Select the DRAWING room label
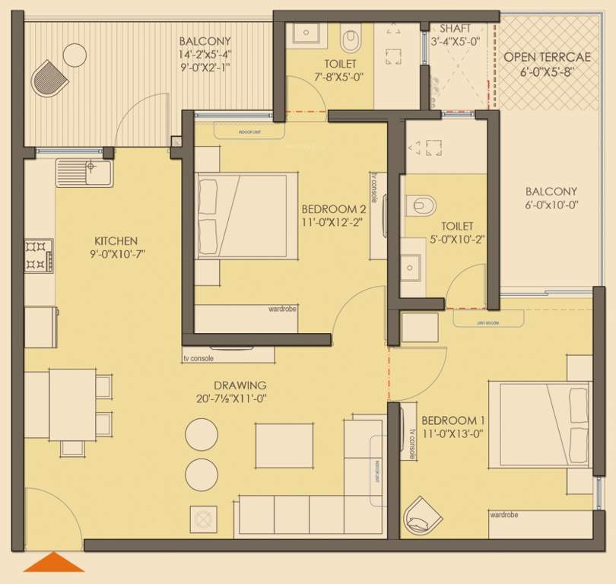tap(240, 385)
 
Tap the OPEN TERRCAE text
tap(542, 56)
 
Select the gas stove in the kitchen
tap(36, 255)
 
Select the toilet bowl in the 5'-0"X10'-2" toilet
tap(421, 205)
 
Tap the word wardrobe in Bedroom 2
tap(282, 309)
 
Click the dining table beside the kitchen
tap(73, 404)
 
